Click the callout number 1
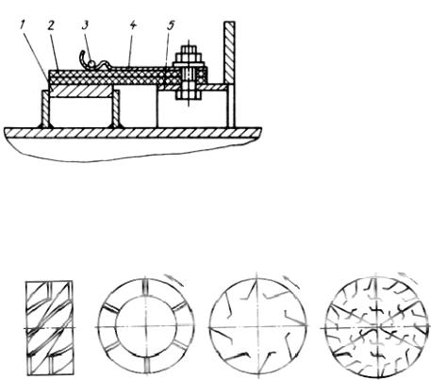23,25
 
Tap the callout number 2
51,25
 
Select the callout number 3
85,25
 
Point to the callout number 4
133,25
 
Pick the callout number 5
171,25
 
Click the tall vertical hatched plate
229,53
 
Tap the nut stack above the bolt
189,57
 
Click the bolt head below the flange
188,95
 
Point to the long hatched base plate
133,133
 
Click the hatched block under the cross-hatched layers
81,91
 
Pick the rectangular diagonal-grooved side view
50,328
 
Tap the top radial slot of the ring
146,287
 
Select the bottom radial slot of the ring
146,367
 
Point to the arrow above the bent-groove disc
291,282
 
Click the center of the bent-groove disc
257,327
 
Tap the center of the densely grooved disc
376,328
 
